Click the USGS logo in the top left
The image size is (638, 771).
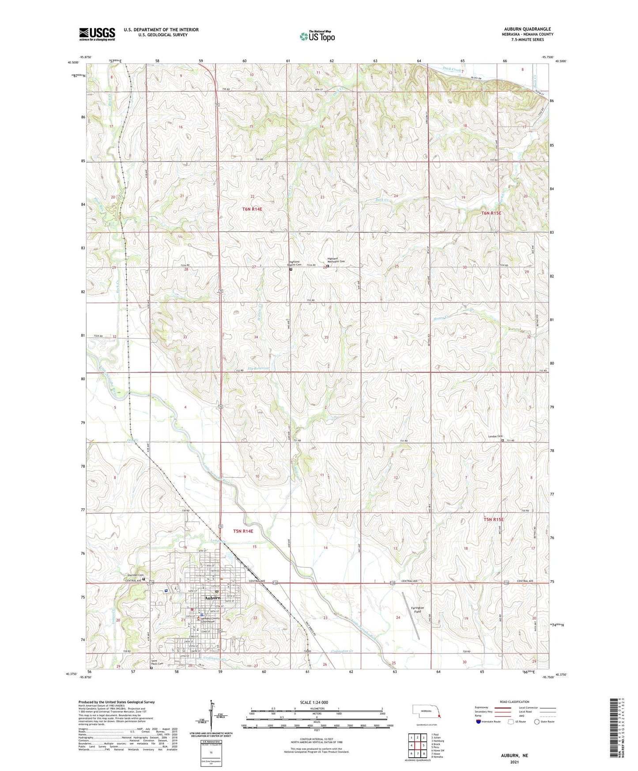click(x=97, y=34)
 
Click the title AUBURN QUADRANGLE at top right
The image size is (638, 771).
click(x=527, y=29)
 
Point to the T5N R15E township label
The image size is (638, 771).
click(x=493, y=519)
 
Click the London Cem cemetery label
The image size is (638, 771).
click(x=495, y=437)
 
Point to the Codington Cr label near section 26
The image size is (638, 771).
click(x=342, y=651)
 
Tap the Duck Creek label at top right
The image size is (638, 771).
click(x=452, y=70)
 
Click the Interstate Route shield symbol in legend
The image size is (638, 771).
click(x=479, y=722)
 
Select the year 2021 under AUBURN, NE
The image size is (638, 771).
click(x=514, y=762)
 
